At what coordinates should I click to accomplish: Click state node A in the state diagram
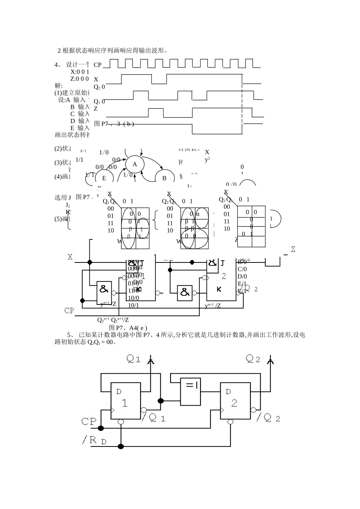click(x=135, y=164)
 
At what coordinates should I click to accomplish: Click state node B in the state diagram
click(x=164, y=178)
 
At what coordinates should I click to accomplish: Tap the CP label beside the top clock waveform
click(x=97, y=65)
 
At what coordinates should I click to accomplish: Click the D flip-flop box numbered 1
click(x=125, y=401)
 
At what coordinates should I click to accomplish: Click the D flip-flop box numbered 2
click(x=235, y=401)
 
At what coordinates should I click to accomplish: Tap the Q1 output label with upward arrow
click(x=134, y=359)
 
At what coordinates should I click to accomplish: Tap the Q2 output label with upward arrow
click(x=253, y=359)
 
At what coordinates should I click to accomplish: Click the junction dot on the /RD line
click(x=121, y=447)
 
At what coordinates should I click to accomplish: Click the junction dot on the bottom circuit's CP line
click(x=101, y=428)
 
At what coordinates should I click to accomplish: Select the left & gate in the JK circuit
click(x=104, y=290)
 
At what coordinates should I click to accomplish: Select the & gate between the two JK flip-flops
click(x=185, y=292)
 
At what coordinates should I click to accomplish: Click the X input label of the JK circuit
click(x=70, y=257)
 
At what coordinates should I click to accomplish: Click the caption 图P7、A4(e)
click(x=128, y=328)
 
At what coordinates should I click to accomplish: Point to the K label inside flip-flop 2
click(x=219, y=289)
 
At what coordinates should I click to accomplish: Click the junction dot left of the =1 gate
click(x=161, y=401)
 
